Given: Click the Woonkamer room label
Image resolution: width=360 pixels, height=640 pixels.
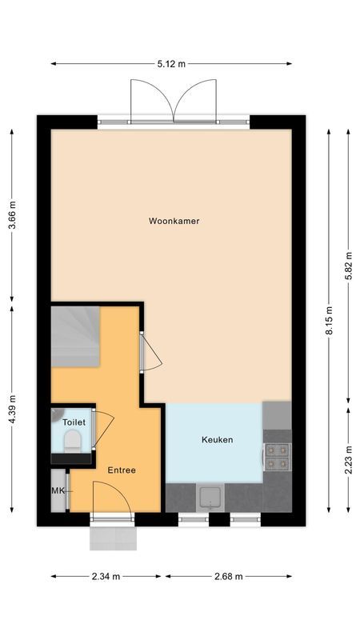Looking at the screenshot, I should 174,221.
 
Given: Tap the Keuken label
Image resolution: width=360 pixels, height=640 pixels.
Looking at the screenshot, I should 217,439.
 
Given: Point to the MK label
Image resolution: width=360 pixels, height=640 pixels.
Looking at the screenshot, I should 58,490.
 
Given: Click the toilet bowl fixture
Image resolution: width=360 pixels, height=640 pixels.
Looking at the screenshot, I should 73,441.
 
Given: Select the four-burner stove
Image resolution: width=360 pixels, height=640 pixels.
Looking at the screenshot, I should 277,456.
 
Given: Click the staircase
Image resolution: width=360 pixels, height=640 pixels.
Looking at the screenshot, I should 75,336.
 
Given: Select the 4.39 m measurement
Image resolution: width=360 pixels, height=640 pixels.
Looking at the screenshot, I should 12,409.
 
